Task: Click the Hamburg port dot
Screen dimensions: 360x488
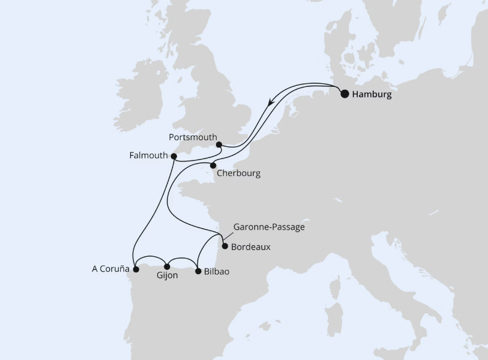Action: pyautogui.click(x=344, y=94)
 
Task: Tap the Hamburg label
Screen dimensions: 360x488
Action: pyautogui.click(x=371, y=95)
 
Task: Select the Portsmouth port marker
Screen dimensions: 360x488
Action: pyautogui.click(x=218, y=145)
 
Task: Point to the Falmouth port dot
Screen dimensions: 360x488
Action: pyautogui.click(x=174, y=156)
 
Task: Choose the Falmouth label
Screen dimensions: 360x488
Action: pyautogui.click(x=149, y=156)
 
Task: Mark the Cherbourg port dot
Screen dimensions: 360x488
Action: pyautogui.click(x=213, y=165)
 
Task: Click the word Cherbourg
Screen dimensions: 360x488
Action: pyautogui.click(x=238, y=174)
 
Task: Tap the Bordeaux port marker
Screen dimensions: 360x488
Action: pyautogui.click(x=225, y=246)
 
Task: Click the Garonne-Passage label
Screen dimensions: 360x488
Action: pyautogui.click(x=269, y=227)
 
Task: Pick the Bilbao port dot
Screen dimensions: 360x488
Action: pyautogui.click(x=197, y=271)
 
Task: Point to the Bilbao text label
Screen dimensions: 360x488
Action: pyautogui.click(x=217, y=272)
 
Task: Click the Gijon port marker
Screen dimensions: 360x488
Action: pyautogui.click(x=167, y=267)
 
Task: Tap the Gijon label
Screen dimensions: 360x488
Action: pyautogui.click(x=167, y=276)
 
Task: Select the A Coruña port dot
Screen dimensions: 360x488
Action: pyautogui.click(x=138, y=269)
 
